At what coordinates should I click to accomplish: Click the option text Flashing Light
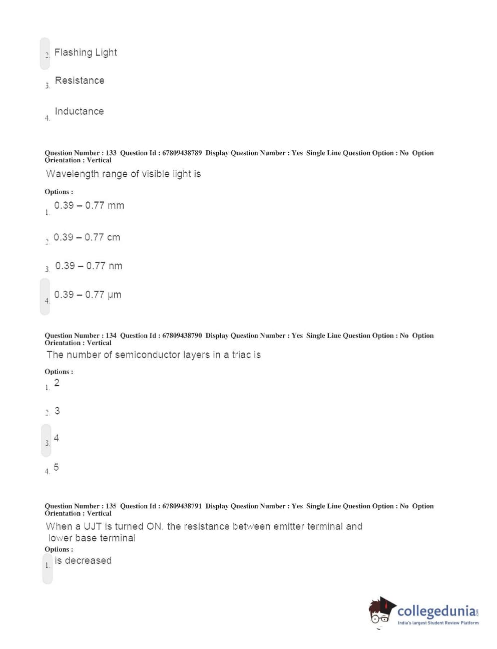pos(85,53)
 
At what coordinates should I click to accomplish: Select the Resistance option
pos(80,81)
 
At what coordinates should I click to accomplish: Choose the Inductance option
pos(79,111)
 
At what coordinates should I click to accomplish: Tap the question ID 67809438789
pos(182,153)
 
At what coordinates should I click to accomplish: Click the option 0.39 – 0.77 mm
pos(89,205)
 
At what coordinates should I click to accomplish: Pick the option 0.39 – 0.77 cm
pos(87,237)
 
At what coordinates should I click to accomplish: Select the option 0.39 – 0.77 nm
pos(89,266)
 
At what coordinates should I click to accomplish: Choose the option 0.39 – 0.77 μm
pos(88,295)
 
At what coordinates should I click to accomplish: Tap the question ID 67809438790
pos(182,336)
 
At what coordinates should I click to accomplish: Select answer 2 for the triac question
pos(57,383)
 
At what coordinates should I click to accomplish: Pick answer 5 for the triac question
pos(56,467)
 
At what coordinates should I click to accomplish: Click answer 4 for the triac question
pos(56,438)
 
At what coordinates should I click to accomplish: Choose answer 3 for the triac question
pos(57,411)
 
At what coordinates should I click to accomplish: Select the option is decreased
pos(83,561)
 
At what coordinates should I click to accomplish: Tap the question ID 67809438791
pos(182,506)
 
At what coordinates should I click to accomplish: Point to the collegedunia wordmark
pos(437,611)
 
